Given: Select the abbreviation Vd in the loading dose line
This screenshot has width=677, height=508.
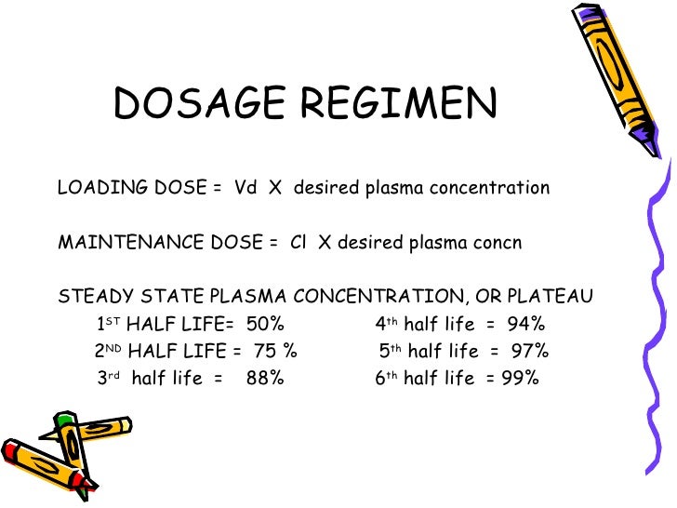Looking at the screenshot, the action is coord(246,189).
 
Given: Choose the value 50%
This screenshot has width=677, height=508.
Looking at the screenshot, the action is coord(266,325).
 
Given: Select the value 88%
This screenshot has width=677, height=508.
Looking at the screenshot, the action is coord(265,379).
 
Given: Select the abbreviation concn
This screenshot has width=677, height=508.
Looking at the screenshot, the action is coord(498,243).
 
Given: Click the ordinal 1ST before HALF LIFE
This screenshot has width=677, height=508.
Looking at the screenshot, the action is coord(108,324).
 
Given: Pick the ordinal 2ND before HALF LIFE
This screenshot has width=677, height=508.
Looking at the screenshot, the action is coord(108,352).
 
